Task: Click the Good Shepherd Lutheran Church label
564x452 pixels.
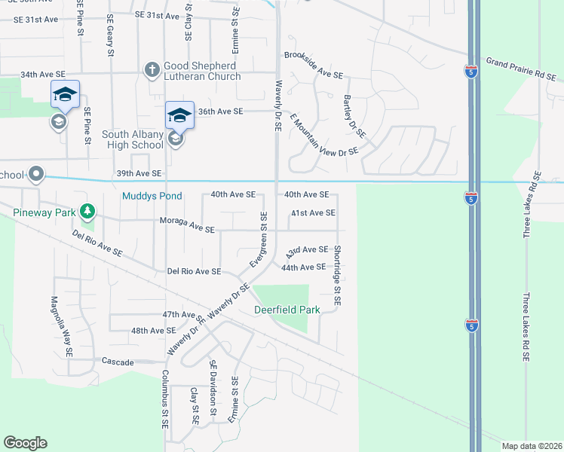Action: (203, 71)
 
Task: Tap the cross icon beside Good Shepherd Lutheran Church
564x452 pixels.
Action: (152, 70)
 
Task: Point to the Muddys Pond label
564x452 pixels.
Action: (152, 196)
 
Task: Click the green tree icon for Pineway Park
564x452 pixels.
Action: (88, 212)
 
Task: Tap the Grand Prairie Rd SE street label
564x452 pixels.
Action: (521, 68)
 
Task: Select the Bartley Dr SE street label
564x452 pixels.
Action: (354, 117)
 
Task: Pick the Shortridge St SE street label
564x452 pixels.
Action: (337, 275)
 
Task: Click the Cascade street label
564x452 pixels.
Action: (118, 362)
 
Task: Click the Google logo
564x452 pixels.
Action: (25, 443)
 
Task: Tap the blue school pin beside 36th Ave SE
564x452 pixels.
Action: (179, 117)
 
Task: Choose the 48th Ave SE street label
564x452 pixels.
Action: (153, 330)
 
